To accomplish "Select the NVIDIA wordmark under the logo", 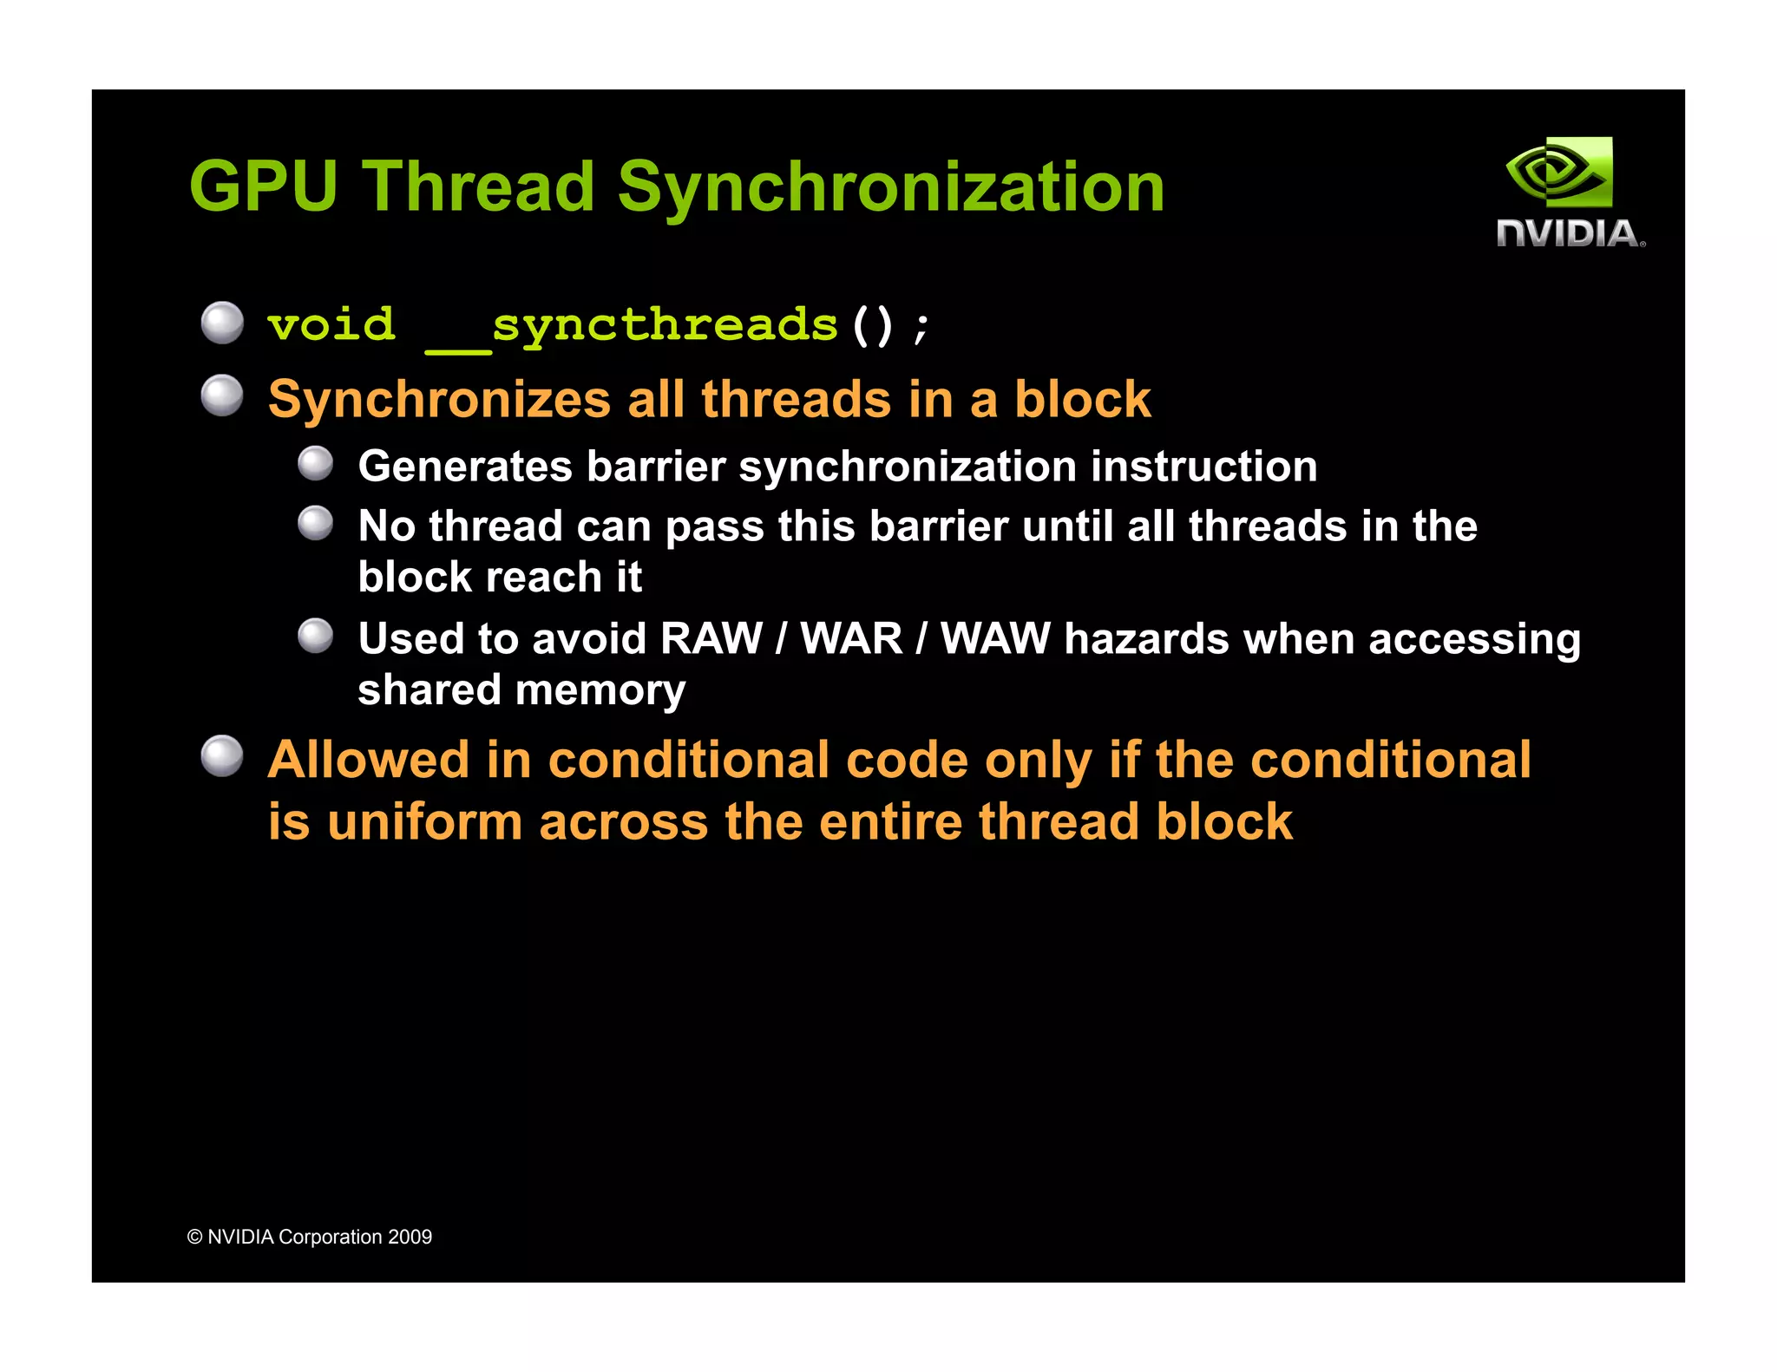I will (1570, 233).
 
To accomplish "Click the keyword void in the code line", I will (331, 325).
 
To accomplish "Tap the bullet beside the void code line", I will (222, 323).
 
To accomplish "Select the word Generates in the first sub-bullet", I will (465, 467).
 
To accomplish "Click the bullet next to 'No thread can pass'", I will (315, 523).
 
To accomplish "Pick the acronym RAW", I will (711, 639).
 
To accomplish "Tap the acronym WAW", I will (995, 639).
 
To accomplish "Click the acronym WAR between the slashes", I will (851, 639).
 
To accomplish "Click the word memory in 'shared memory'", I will (600, 691).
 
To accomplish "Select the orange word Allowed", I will (369, 760).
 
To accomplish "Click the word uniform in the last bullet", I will (424, 822).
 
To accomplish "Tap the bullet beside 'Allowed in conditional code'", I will (222, 756).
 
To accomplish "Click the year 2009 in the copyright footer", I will (410, 1237).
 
